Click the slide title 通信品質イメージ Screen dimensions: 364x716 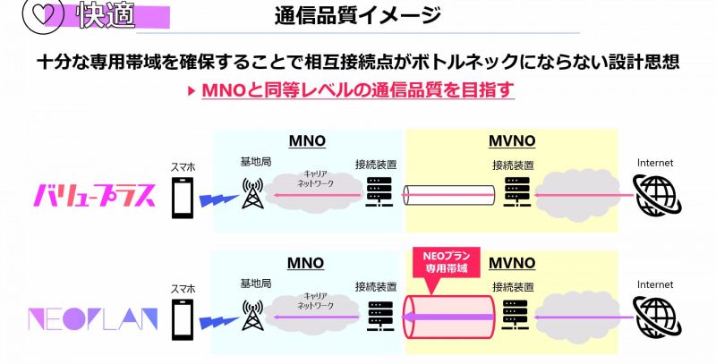357,15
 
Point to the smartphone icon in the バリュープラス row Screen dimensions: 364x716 183,196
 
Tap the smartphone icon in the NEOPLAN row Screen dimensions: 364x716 183,318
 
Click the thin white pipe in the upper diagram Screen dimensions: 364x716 448,194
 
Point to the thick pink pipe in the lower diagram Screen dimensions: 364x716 448,317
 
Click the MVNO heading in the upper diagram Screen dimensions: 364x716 512,141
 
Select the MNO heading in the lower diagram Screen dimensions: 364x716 306,263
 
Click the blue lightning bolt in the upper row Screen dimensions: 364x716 216,198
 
